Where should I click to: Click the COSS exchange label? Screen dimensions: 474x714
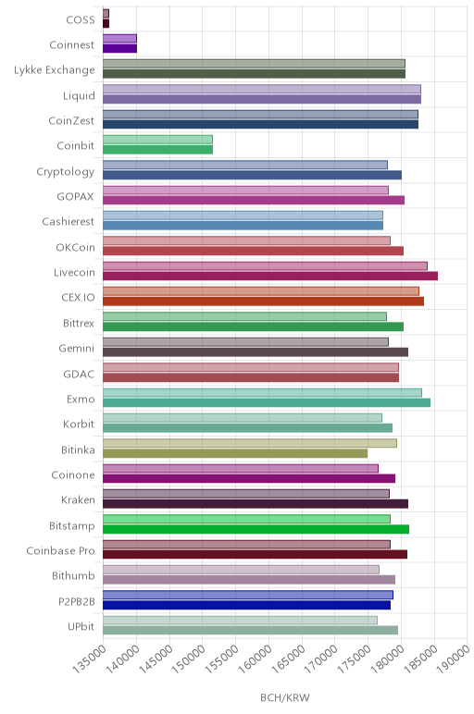tap(81, 19)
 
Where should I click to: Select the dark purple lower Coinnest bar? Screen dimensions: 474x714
tap(119, 48)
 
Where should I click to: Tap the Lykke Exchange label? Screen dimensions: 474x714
tap(55, 70)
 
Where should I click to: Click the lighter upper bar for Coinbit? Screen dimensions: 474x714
tap(157, 140)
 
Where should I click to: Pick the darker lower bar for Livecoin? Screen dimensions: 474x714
tap(270, 276)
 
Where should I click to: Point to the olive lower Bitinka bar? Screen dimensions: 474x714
tap(235, 453)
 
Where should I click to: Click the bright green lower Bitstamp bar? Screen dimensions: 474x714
tap(256, 529)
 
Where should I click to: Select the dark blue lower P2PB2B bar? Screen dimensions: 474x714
tap(246, 605)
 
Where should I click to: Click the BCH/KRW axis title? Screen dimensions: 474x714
tap(285, 697)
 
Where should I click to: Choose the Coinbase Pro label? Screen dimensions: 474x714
tap(60, 550)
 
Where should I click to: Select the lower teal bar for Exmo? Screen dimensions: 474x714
tap(267, 402)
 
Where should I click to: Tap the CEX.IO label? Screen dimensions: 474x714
tap(78, 298)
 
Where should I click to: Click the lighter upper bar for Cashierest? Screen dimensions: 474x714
tap(243, 215)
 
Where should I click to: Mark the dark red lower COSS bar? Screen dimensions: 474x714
tap(106, 23)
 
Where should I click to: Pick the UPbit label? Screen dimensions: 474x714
tap(81, 626)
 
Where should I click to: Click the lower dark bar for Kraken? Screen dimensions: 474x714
tap(256, 504)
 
